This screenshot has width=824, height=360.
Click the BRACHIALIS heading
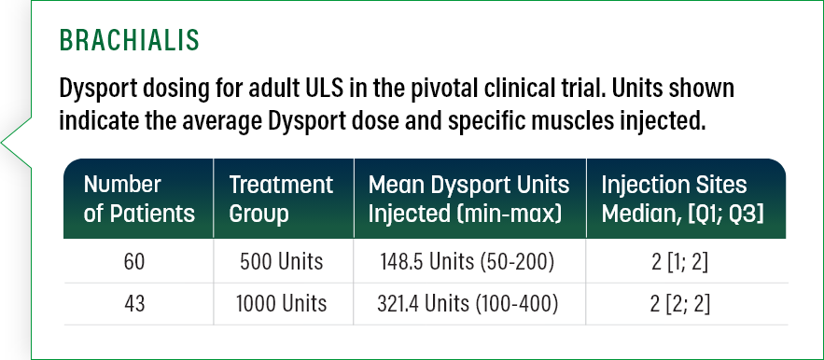pyautogui.click(x=129, y=41)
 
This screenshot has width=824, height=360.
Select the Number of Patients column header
pyautogui.click(x=139, y=199)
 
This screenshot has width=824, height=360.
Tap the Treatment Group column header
pyautogui.click(x=281, y=199)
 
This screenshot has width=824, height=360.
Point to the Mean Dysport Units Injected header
pyautogui.click(x=465, y=199)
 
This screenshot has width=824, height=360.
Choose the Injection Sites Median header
pyautogui.click(x=682, y=199)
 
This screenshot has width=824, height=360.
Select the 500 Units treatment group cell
pyautogui.click(x=282, y=262)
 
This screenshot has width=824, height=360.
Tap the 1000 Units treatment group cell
pyautogui.click(x=282, y=303)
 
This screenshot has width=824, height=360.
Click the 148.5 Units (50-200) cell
pyautogui.click(x=465, y=262)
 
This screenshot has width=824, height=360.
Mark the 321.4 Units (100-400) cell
pyautogui.click(x=465, y=303)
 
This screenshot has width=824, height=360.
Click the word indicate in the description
pyautogui.click(x=97, y=121)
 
